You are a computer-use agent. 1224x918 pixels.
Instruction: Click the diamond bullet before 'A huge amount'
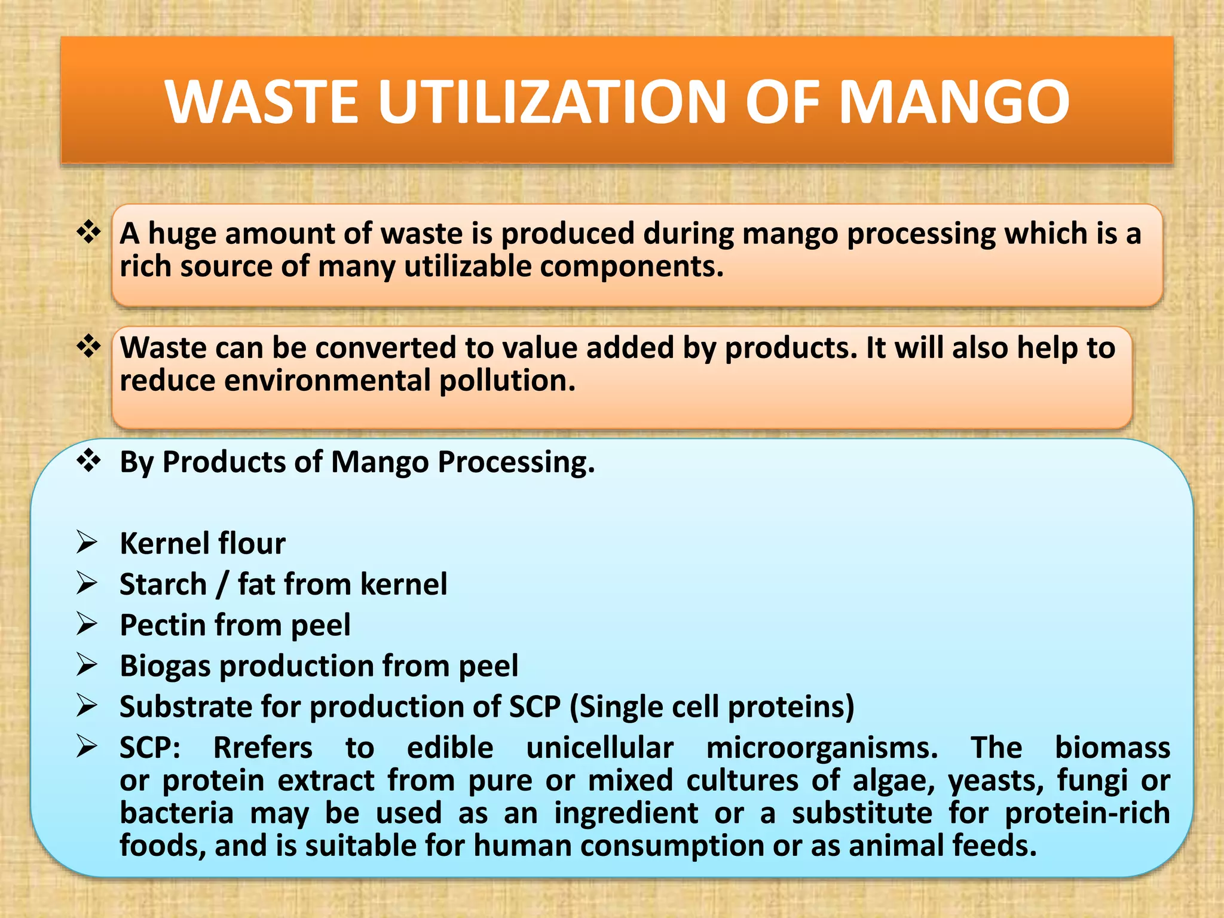pos(88,232)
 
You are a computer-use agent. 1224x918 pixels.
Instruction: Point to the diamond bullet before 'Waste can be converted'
pos(88,347)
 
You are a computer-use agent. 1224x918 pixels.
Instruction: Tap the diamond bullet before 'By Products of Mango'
pos(88,461)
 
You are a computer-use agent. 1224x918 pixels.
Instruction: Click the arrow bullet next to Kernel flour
pos(87,543)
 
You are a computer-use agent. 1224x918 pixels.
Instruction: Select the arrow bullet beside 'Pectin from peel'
pos(87,625)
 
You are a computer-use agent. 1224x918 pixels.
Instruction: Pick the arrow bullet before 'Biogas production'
pos(87,665)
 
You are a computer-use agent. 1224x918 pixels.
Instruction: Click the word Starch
pos(163,584)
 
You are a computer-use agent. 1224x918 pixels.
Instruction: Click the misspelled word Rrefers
pos(263,748)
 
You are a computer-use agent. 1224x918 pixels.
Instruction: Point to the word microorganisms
pos(822,748)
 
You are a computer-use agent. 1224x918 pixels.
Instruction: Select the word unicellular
pos(599,748)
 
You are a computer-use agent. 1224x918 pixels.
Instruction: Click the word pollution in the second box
pos(507,381)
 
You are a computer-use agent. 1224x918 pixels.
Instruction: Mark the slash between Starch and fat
pos(222,585)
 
